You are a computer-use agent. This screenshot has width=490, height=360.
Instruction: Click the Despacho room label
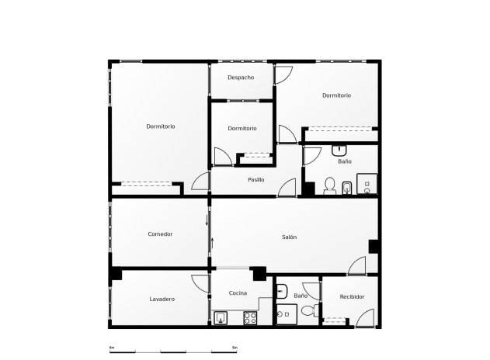click(241, 78)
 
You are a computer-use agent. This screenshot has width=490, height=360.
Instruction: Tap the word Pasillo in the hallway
click(255, 180)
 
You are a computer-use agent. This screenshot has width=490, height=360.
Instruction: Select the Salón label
click(289, 237)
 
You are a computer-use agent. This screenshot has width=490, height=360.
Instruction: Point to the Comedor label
click(160, 234)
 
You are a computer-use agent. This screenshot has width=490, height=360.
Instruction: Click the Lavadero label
click(162, 299)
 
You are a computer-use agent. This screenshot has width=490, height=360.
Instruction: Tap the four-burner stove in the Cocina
click(251, 317)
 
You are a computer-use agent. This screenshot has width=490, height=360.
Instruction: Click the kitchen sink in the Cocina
click(221, 317)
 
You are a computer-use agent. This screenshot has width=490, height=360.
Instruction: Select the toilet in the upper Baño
click(329, 185)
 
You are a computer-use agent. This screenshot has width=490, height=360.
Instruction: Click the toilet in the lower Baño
click(308, 312)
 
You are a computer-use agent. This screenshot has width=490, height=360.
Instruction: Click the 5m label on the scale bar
click(234, 347)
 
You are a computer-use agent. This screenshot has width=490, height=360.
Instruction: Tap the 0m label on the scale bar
click(112, 347)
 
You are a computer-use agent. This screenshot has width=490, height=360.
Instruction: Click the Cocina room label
click(238, 293)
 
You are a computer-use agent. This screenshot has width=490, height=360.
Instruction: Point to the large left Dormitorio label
click(161, 126)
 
